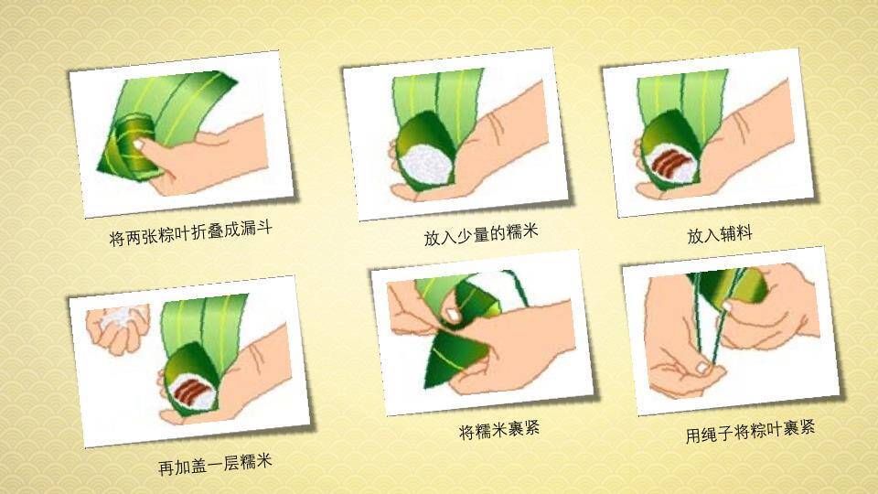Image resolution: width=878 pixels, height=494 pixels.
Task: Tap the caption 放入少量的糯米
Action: click(x=479, y=235)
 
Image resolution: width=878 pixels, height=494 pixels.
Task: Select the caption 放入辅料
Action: click(x=720, y=234)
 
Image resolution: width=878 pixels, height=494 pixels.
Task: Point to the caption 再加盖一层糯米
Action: click(x=215, y=464)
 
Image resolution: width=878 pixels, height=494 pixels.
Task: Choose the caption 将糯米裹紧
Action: click(x=498, y=427)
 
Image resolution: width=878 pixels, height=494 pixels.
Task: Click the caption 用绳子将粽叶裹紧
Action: click(x=750, y=431)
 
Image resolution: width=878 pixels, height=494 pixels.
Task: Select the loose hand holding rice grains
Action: click(x=115, y=326)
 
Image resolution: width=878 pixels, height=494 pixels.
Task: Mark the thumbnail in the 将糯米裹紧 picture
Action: click(x=451, y=317)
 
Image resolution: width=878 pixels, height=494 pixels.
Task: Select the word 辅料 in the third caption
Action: click(x=735, y=234)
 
